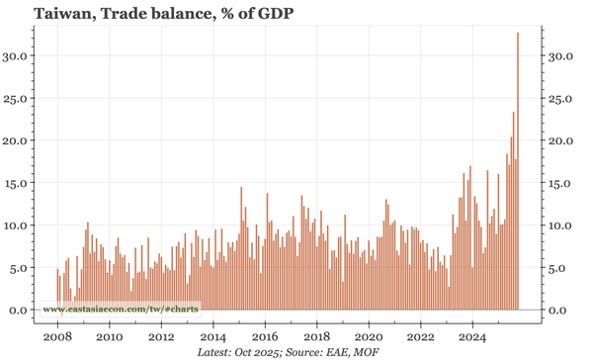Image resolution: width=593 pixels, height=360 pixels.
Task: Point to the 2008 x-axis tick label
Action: click(57, 335)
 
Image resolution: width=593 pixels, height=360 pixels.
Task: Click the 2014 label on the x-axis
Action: click(212, 335)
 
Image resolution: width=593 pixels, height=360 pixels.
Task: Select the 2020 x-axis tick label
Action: click(369, 335)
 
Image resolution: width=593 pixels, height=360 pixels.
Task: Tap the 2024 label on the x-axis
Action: click(472, 335)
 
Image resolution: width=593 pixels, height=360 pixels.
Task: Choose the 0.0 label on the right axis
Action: click(558, 311)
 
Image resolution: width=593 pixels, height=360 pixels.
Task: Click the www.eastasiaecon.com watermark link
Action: click(120, 310)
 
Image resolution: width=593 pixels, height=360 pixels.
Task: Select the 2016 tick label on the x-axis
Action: click(265, 335)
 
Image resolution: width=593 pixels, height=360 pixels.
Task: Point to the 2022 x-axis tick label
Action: click(420, 335)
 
